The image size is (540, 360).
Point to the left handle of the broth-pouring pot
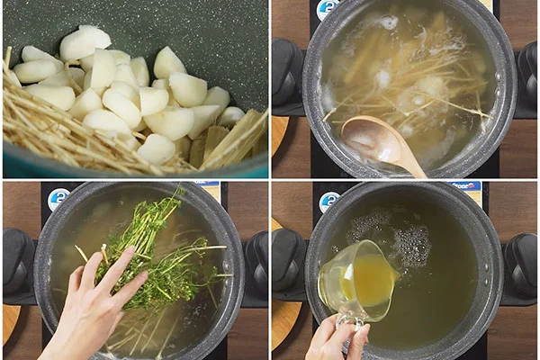[x=288, y=261]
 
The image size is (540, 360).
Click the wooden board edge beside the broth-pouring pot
[x=283, y=324]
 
